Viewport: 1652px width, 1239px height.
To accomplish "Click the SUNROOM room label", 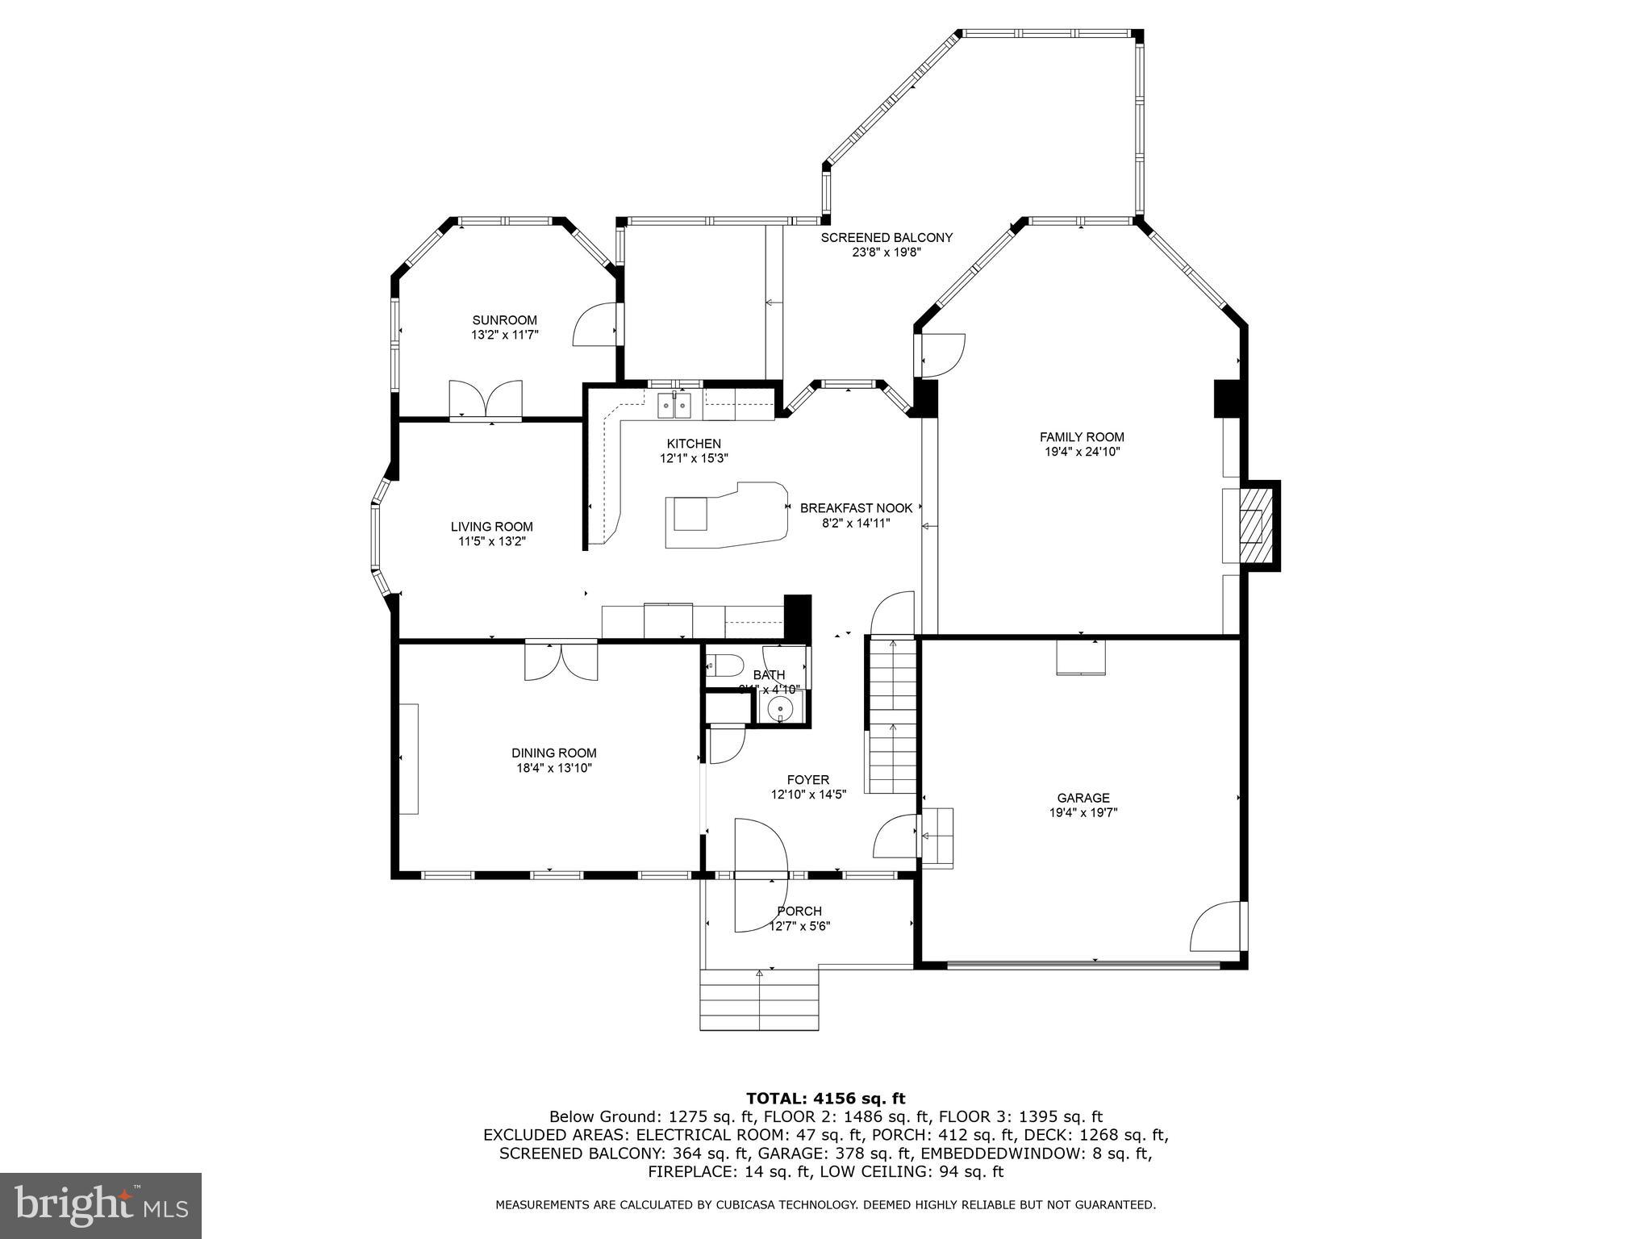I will pyautogui.click(x=504, y=320).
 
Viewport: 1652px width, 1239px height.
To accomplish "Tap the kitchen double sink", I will pyautogui.click(x=675, y=405).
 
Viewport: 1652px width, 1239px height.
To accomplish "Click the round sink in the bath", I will pyautogui.click(x=780, y=710).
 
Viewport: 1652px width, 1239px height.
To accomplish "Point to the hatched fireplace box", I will pyautogui.click(x=1252, y=526).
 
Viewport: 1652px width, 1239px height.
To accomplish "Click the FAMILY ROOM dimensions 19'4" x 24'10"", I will pyautogui.click(x=1082, y=453).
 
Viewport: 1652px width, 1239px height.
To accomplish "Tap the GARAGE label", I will pyautogui.click(x=1083, y=798).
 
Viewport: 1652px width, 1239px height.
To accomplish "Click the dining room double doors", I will pyautogui.click(x=561, y=660).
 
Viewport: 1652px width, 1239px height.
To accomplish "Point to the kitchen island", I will pyautogui.click(x=724, y=516).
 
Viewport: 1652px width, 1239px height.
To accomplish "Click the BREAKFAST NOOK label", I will pyautogui.click(x=856, y=508).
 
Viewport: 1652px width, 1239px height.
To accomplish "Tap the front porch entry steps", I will pyautogui.click(x=758, y=1000).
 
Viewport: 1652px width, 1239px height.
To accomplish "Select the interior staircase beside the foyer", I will pyautogui.click(x=892, y=714).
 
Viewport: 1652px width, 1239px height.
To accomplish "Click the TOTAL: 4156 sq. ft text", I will pyautogui.click(x=825, y=1099).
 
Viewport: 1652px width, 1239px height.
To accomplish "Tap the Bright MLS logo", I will pyautogui.click(x=101, y=1205).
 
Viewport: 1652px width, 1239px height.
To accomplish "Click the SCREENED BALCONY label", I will pyautogui.click(x=886, y=237).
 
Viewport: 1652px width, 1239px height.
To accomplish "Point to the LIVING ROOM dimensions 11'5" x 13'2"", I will pyautogui.click(x=492, y=542).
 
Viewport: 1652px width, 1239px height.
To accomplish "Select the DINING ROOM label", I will pyautogui.click(x=554, y=753).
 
